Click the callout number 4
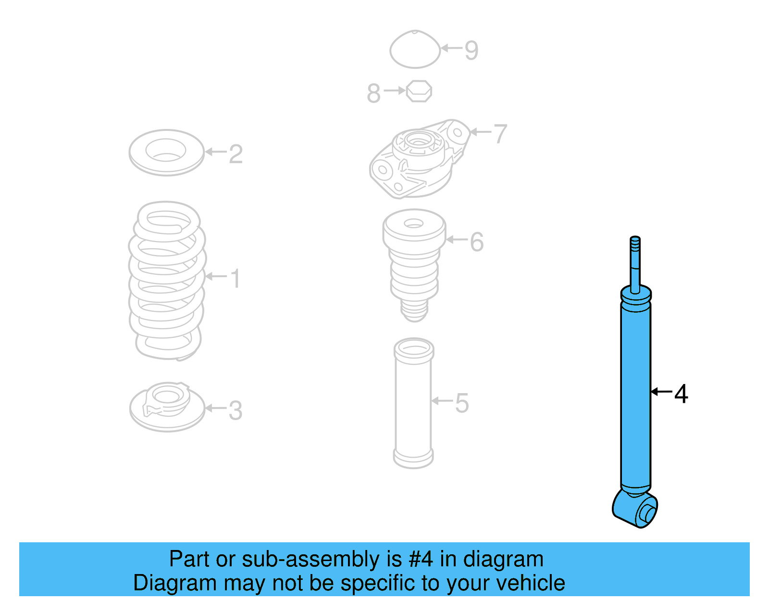(x=681, y=394)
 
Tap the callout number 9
(x=471, y=50)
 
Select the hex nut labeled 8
(x=419, y=91)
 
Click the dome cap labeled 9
(x=415, y=50)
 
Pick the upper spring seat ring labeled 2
(x=166, y=152)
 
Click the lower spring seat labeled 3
(x=167, y=407)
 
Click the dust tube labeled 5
(x=413, y=403)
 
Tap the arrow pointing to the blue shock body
(x=661, y=392)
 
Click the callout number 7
(x=500, y=134)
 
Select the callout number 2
(x=236, y=154)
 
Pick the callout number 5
(x=461, y=403)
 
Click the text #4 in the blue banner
(x=421, y=559)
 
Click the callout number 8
(x=373, y=93)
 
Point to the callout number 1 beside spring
(x=235, y=279)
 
